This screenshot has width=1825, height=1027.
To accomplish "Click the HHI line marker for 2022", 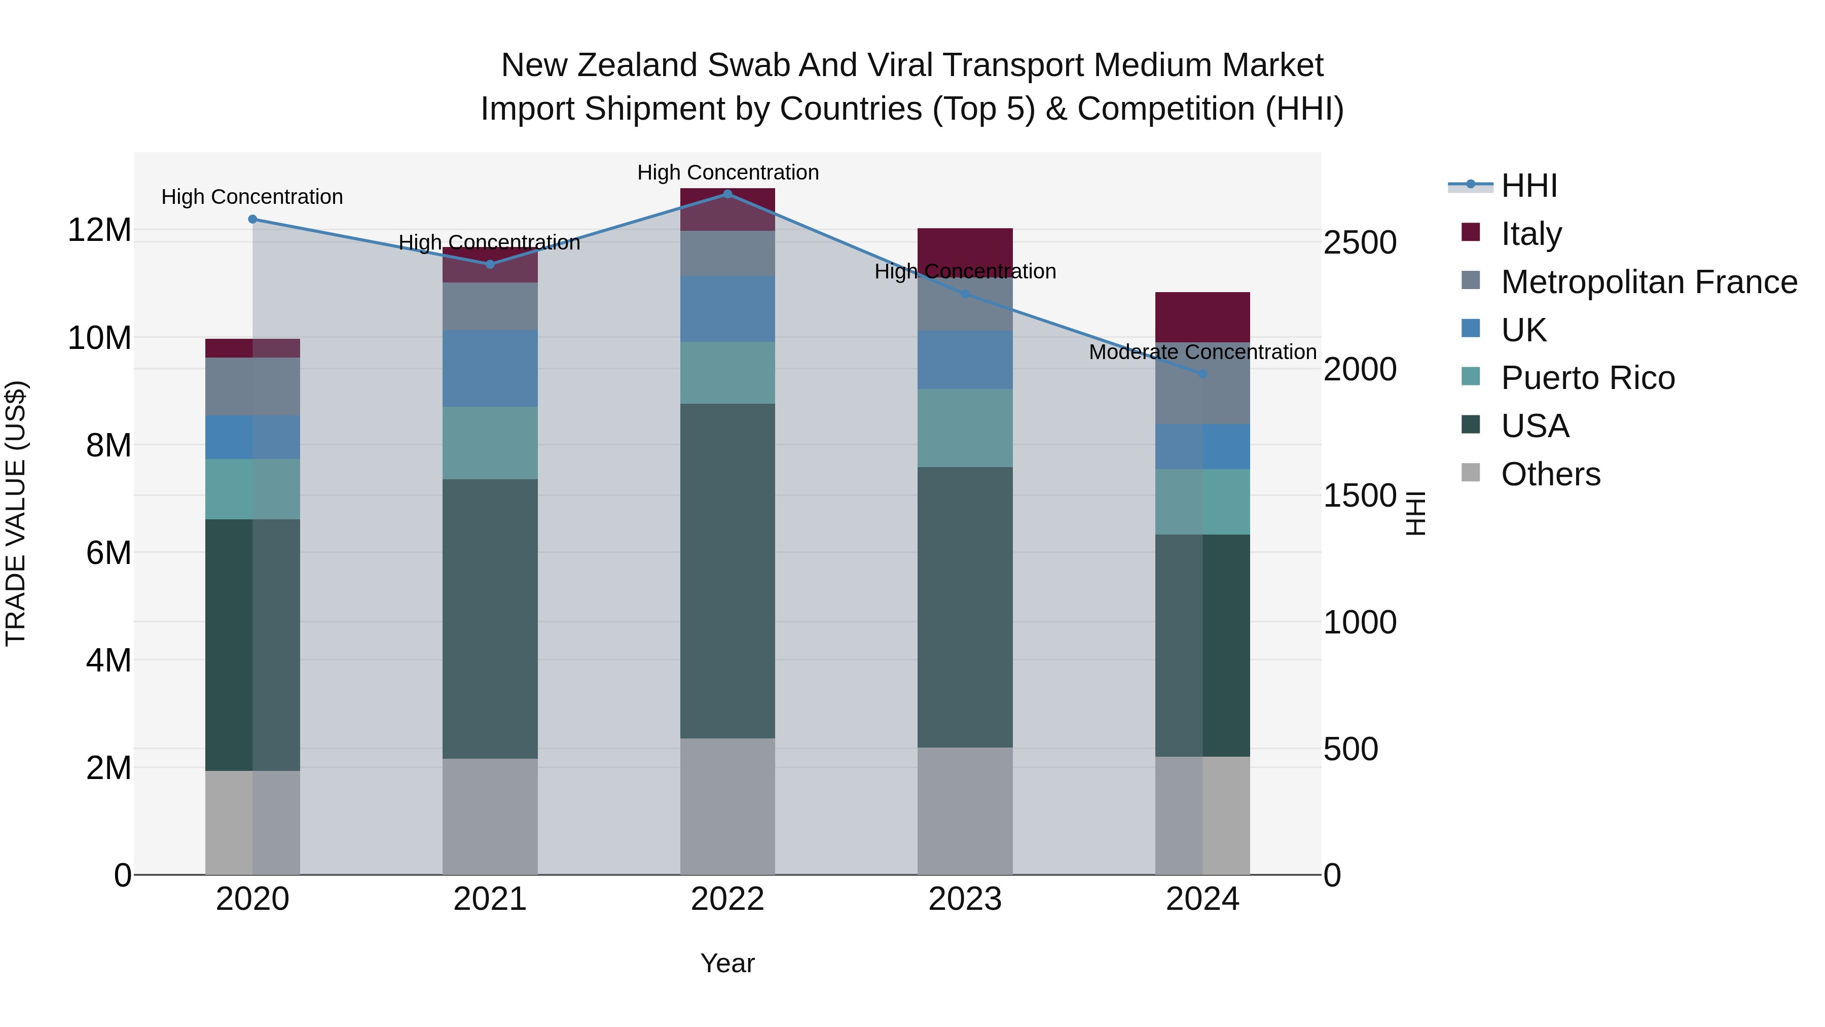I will tap(727, 194).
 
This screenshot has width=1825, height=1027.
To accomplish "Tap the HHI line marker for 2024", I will tap(1202, 373).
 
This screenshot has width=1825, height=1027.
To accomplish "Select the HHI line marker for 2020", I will tap(252, 219).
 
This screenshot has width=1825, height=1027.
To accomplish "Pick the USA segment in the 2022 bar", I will tap(727, 571).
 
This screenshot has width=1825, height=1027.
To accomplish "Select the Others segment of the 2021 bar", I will tap(490, 816).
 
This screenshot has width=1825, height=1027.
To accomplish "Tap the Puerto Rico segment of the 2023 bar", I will tap(965, 428).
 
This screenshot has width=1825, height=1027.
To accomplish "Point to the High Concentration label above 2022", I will tap(727, 172).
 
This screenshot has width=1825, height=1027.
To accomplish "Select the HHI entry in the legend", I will tap(1529, 186).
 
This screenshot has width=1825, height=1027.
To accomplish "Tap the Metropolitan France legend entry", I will tap(1648, 282).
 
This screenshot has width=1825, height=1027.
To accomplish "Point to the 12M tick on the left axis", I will tap(99, 230).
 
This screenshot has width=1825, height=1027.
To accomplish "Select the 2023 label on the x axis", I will tap(965, 899).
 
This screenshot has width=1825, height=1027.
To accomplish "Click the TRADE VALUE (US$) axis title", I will tap(16, 513).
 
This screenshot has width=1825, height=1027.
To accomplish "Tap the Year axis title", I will tap(727, 963).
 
